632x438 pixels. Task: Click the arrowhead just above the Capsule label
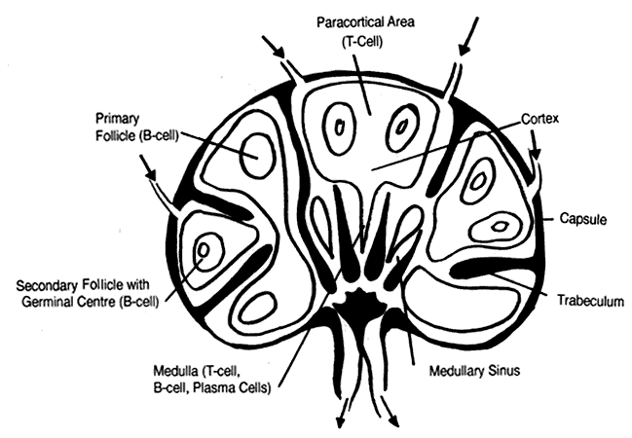tap(535, 154)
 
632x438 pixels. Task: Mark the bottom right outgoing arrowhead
tap(397, 420)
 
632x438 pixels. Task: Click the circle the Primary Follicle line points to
tap(259, 156)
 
